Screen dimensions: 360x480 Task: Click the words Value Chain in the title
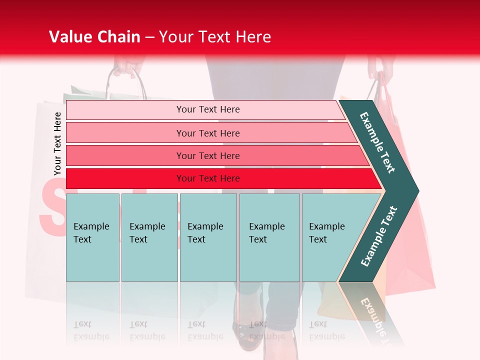pyautogui.click(x=94, y=37)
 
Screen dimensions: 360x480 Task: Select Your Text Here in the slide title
pyautogui.click(x=215, y=37)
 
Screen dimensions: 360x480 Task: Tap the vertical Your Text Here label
pyautogui.click(x=57, y=144)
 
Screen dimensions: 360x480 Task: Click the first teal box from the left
pyautogui.click(x=92, y=237)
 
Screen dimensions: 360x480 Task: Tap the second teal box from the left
pyautogui.click(x=149, y=237)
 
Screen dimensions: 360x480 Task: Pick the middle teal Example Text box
pyautogui.click(x=208, y=237)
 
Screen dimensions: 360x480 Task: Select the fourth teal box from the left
pyautogui.click(x=269, y=237)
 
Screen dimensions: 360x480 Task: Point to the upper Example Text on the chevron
pyautogui.click(x=377, y=142)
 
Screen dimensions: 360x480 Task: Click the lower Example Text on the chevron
pyautogui.click(x=379, y=236)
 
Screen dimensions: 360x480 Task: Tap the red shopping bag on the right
pyautogui.click(x=410, y=240)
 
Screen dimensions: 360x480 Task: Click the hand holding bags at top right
pyautogui.click(x=375, y=67)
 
